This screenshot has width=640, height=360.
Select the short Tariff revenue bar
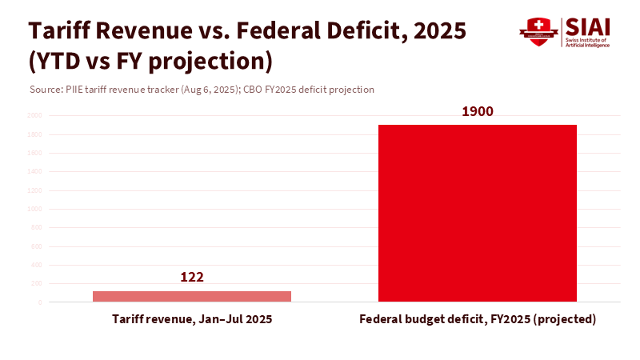pos(192,296)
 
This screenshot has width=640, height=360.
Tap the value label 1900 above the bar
pos(478,111)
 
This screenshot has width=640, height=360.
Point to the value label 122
pos(192,278)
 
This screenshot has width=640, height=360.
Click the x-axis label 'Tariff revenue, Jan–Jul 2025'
pos(192,319)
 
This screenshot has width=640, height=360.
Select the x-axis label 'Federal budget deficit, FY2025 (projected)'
pos(478,319)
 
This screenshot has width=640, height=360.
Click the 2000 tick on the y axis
pos(35,116)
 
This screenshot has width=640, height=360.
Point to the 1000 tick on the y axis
pos(35,210)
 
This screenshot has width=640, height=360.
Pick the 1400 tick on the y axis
pos(35,172)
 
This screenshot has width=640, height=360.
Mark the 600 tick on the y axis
pos(37,246)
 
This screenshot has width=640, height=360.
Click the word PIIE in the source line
pos(74,90)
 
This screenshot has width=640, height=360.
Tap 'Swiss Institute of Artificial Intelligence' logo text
pos(588,42)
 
